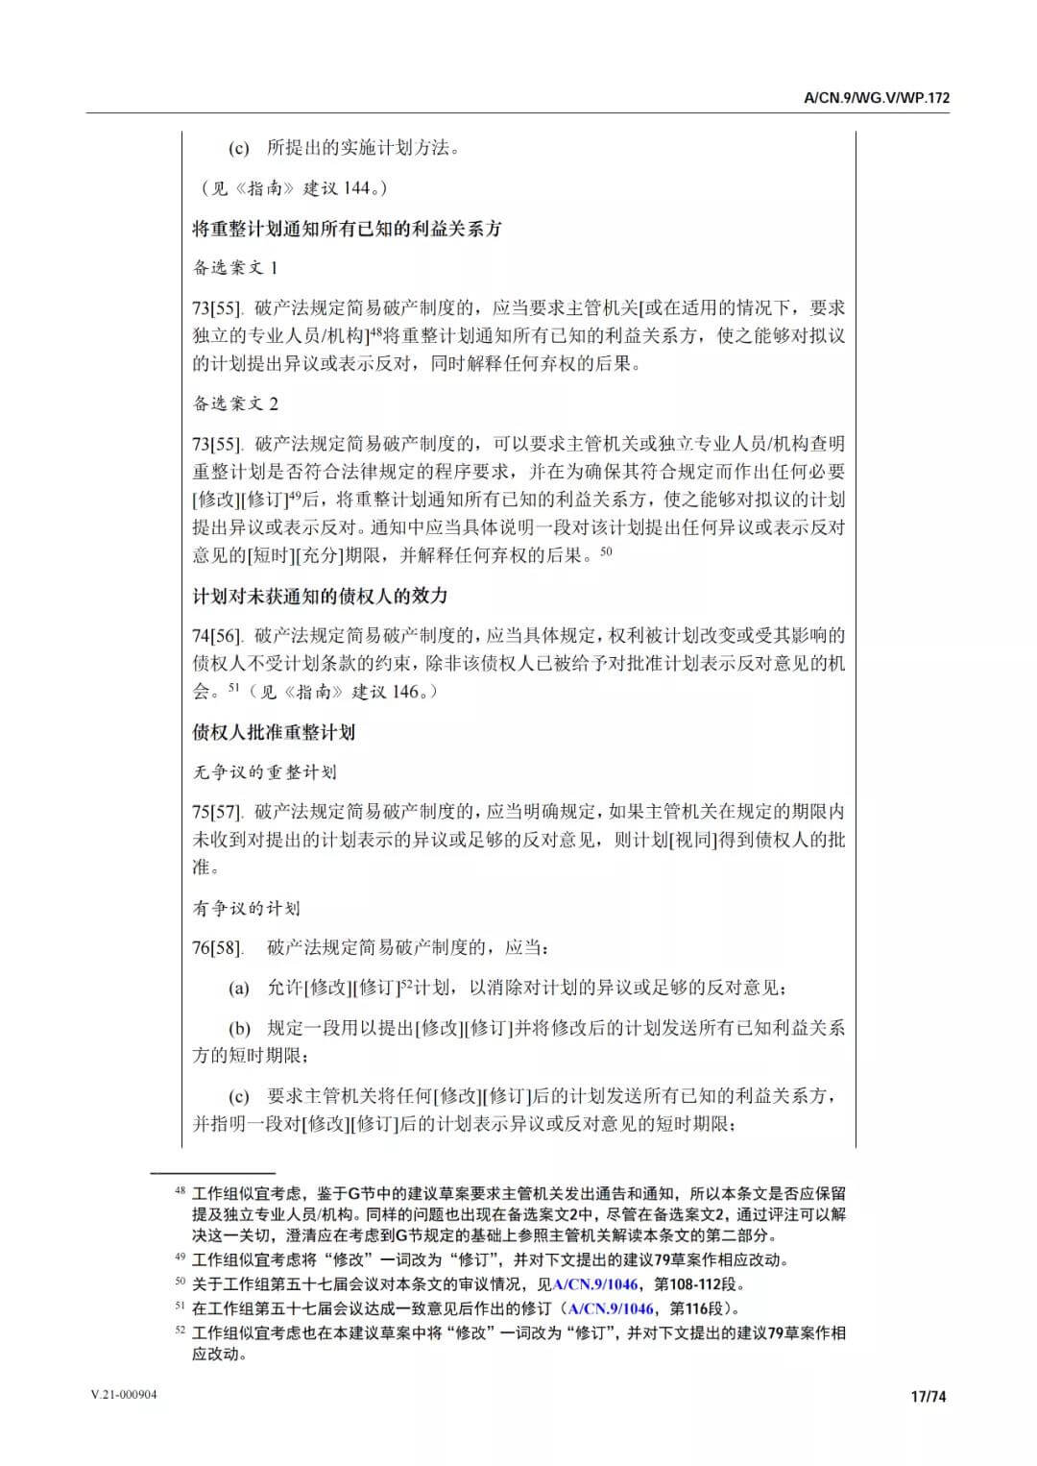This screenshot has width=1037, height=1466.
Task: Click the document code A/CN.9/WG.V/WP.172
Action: click(x=877, y=98)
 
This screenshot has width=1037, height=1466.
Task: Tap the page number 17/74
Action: click(x=928, y=1396)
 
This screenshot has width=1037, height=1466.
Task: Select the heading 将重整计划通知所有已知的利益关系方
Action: click(x=347, y=229)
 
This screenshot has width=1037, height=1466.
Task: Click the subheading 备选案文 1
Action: click(x=235, y=267)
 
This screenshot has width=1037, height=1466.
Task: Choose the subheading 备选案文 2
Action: click(x=235, y=403)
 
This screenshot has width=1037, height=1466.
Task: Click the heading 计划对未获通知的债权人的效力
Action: click(x=320, y=596)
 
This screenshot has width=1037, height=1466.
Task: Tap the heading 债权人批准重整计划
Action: click(x=274, y=732)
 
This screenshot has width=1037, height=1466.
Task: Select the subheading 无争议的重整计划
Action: click(x=264, y=771)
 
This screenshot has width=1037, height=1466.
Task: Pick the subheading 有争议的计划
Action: click(x=246, y=908)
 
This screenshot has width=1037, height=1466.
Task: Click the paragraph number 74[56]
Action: click(x=216, y=636)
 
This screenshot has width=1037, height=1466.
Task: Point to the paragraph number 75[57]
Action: click(x=216, y=812)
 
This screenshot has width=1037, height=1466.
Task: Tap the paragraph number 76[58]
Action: click(x=216, y=948)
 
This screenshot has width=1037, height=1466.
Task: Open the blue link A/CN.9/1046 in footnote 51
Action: click(x=611, y=1307)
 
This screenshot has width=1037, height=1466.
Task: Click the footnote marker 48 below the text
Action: click(x=179, y=1191)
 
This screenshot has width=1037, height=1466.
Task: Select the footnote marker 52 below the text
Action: click(x=179, y=1331)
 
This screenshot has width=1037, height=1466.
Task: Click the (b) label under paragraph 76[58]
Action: click(x=239, y=1028)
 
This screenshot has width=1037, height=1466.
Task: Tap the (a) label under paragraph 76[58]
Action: click(x=239, y=989)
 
